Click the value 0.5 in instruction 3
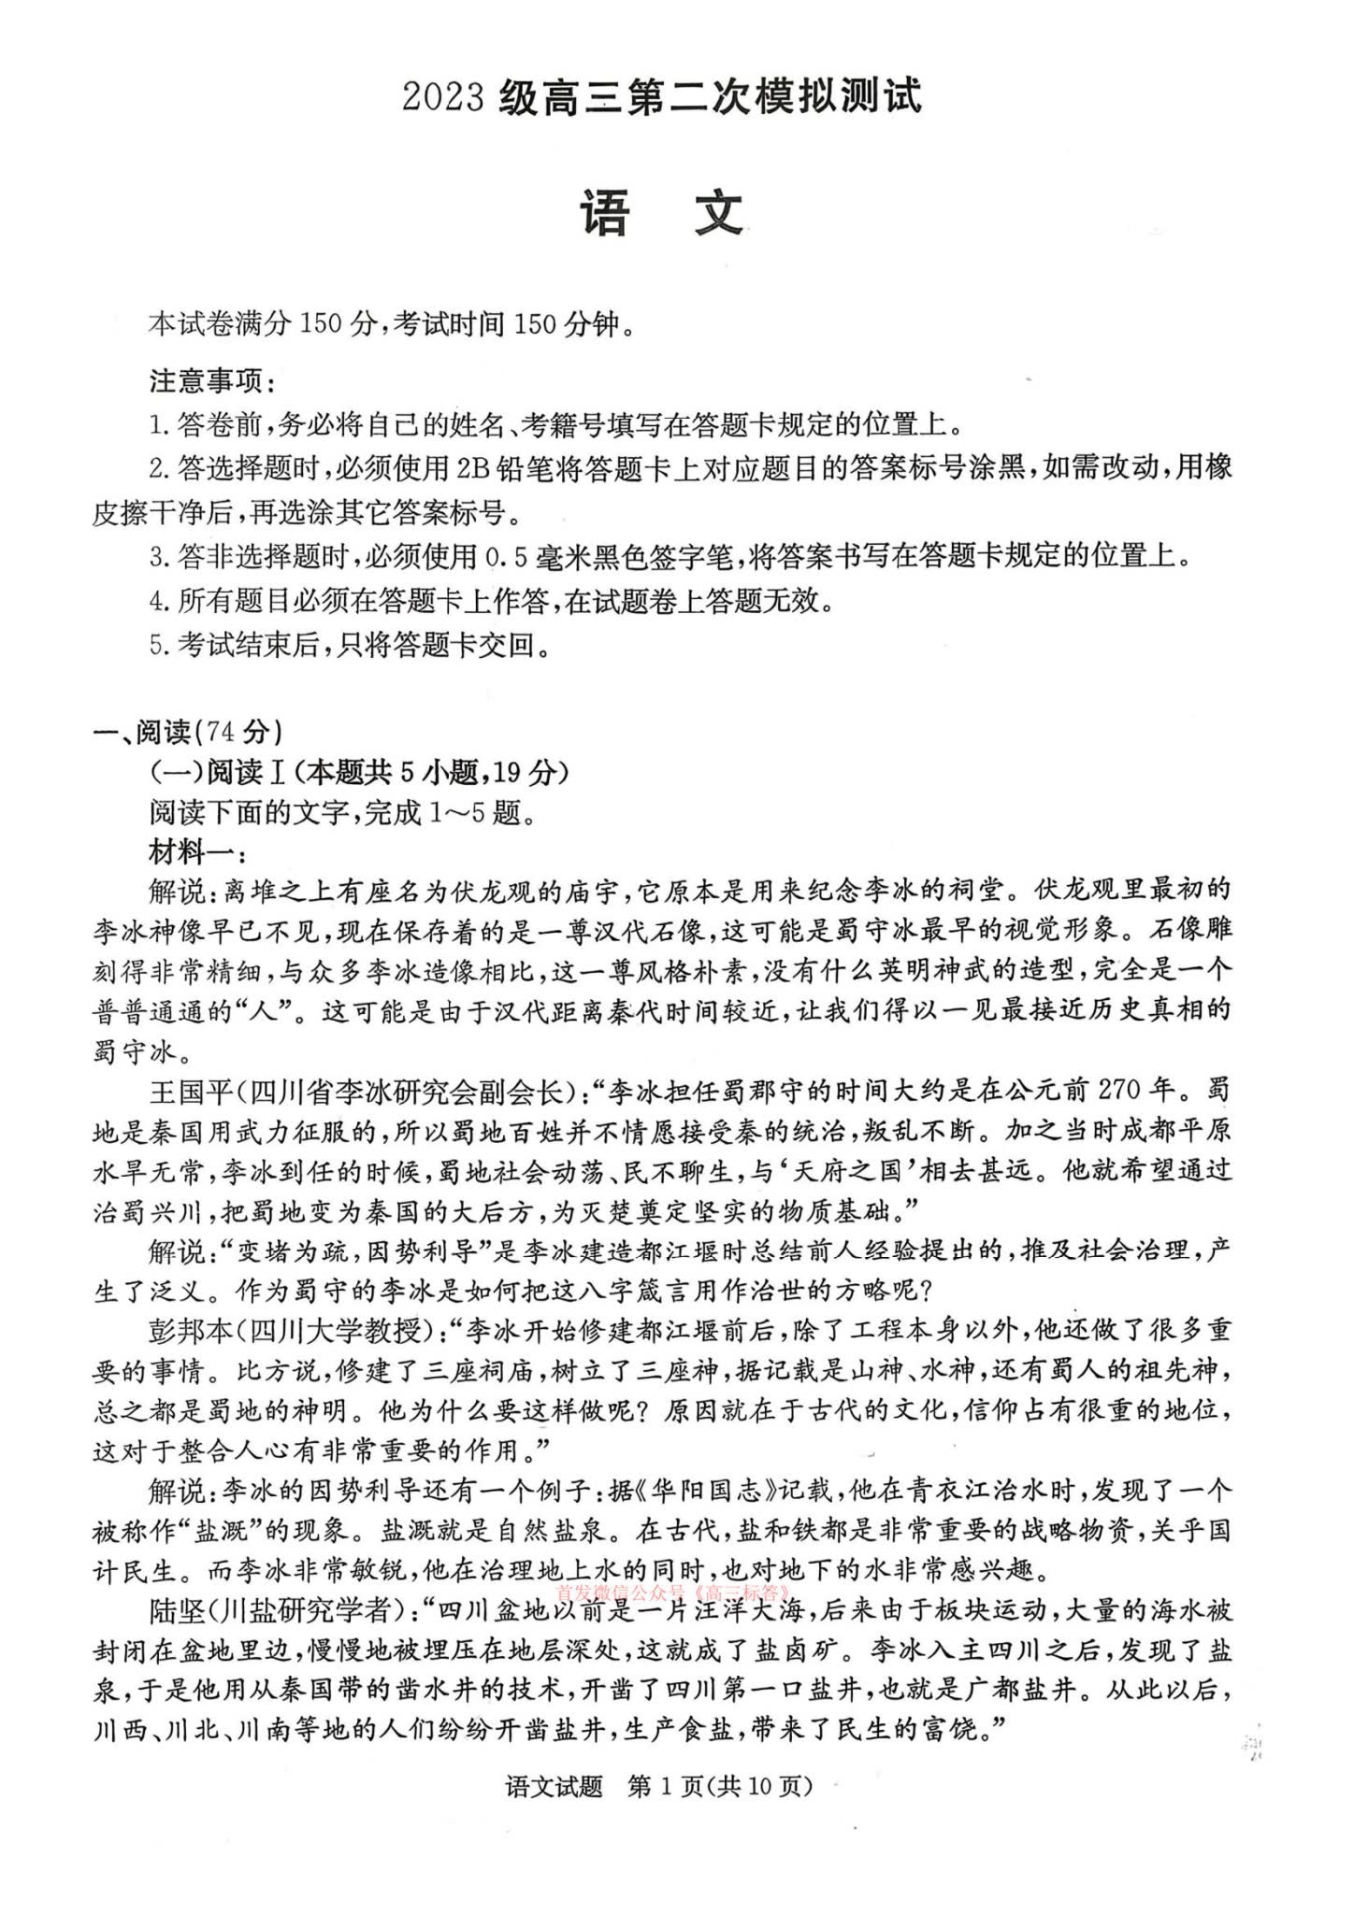coord(508,557)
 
